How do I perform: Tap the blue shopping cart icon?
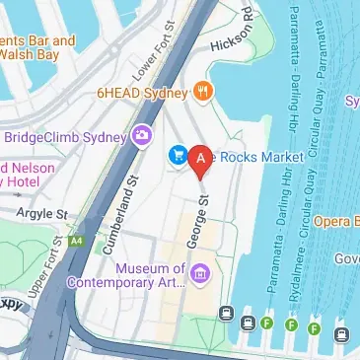(x=179, y=155)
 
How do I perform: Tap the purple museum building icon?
(x=200, y=273)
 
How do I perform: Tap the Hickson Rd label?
(x=233, y=40)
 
